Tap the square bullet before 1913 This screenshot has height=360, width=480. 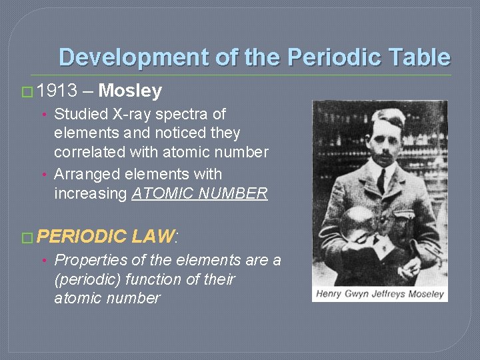pos(28,91)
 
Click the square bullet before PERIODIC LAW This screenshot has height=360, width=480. pos(28,236)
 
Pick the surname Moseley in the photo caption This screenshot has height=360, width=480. pos(423,294)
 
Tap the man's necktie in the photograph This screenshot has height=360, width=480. pos(381,179)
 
